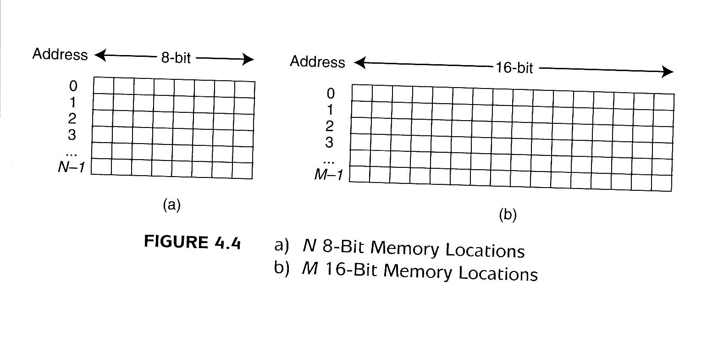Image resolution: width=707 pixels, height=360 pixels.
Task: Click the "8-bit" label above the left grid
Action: point(176,58)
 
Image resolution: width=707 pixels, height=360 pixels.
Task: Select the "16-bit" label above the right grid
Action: point(514,68)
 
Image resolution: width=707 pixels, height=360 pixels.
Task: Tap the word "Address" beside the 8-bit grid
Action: point(60,55)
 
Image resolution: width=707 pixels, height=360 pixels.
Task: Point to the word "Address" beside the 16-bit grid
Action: point(317,62)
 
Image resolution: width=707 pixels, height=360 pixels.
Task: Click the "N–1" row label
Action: point(71,167)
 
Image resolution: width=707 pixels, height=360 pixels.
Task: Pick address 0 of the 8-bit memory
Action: point(73,86)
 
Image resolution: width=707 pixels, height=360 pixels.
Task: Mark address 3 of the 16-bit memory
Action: point(329,143)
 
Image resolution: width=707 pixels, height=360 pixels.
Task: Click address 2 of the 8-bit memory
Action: point(72,118)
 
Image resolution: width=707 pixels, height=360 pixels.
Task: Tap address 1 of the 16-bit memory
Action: point(329,110)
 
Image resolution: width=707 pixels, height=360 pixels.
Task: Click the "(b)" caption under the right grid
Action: point(508,215)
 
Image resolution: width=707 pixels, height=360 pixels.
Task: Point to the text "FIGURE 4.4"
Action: point(192,242)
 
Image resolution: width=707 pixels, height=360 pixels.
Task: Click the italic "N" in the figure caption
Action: point(309,246)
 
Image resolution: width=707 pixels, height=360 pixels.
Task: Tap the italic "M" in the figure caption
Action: point(310,268)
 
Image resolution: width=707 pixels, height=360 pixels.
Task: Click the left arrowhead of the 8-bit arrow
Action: point(99,56)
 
